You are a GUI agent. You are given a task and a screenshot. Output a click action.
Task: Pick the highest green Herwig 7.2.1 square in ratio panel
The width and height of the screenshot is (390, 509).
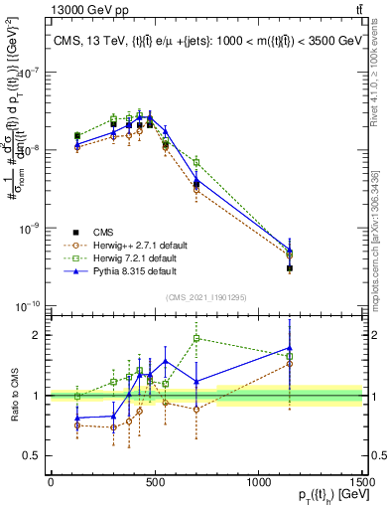click(196, 338)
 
